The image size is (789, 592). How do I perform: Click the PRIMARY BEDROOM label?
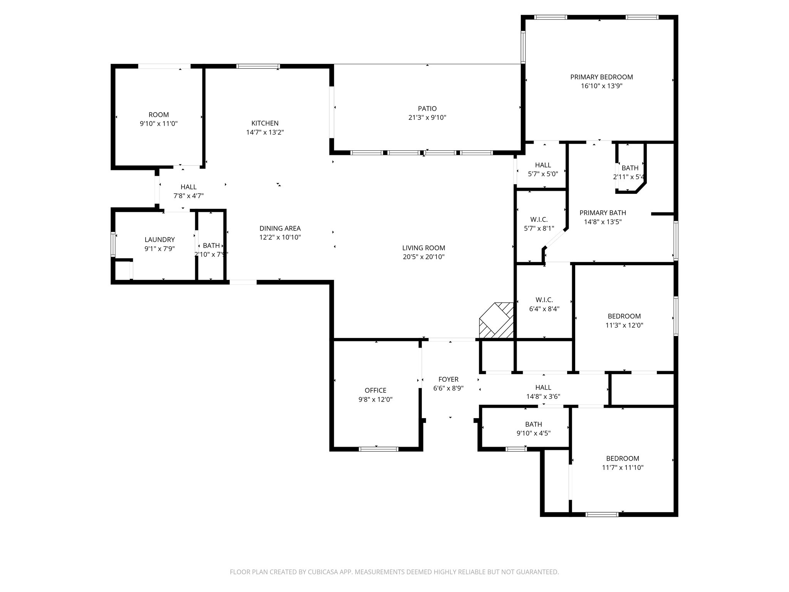tap(601, 77)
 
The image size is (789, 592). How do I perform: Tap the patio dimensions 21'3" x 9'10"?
tap(427, 118)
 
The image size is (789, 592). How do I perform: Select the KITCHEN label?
tap(265, 123)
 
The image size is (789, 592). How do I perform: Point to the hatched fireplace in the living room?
tap(497, 321)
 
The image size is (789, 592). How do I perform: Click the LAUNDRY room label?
tap(159, 240)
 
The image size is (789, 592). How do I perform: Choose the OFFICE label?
tap(375, 390)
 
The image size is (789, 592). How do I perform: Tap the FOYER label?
tap(448, 379)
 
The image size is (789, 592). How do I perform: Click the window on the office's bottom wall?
tap(378, 449)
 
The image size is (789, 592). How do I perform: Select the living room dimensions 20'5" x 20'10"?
tap(424, 257)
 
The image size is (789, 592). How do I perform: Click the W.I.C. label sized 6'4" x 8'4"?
tap(544, 300)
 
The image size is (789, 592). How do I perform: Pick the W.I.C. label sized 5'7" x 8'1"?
tap(539, 220)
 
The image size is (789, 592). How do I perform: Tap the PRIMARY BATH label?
tap(603, 213)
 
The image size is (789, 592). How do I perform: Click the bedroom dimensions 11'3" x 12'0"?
tap(624, 325)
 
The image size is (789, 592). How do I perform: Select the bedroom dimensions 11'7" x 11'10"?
tap(623, 468)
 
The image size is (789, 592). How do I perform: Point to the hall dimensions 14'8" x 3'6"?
tap(543, 396)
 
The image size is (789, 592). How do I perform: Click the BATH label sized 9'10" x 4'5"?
tap(533, 424)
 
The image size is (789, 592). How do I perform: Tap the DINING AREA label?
tap(280, 229)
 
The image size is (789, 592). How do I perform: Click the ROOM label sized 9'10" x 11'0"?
tap(159, 115)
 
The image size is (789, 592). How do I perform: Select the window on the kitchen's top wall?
tap(258, 66)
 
